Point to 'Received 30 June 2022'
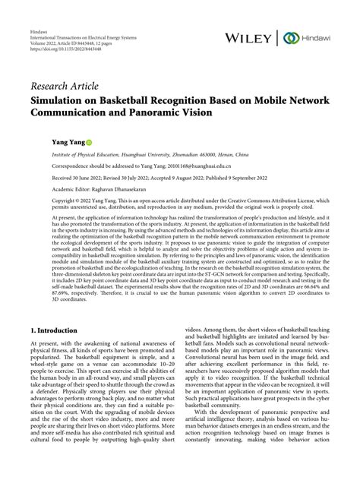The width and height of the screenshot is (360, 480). click(77, 177)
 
